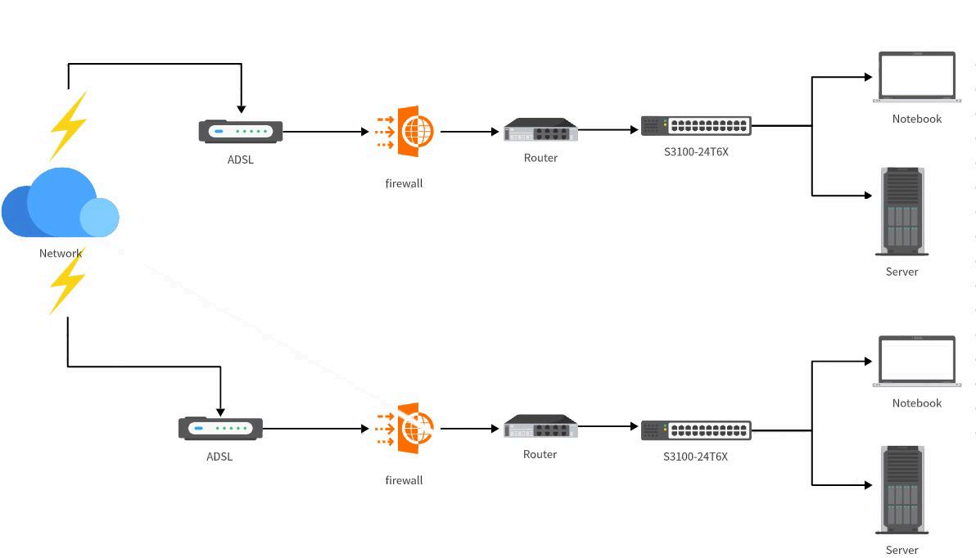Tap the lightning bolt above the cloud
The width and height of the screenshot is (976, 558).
point(69,125)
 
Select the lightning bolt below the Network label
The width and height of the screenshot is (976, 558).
point(67,281)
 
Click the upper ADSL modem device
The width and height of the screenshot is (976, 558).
point(241,132)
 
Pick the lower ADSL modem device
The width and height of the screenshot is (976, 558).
point(220,429)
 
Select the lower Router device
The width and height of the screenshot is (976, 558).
point(540,427)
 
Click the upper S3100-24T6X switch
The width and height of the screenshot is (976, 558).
point(696,126)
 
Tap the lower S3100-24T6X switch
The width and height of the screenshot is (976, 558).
point(696,430)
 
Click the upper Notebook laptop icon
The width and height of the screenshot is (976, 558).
point(917,77)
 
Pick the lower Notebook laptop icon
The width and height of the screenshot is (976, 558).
point(917,361)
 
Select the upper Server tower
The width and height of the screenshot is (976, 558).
point(902,212)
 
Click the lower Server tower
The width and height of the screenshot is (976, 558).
point(902,490)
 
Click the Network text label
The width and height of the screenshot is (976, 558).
point(61,254)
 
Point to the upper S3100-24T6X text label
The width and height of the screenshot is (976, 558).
point(696,151)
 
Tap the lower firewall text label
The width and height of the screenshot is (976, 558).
point(404,480)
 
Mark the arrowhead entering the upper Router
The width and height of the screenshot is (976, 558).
point(495,132)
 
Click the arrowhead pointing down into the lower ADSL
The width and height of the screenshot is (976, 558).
point(220,412)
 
